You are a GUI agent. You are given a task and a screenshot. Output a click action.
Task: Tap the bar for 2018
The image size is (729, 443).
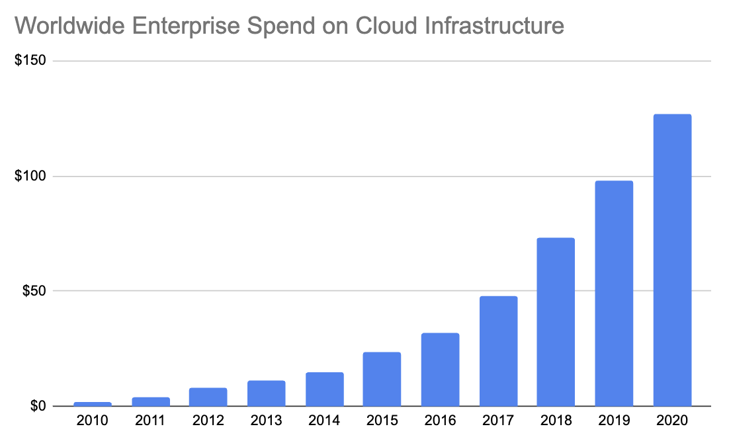coord(556,321)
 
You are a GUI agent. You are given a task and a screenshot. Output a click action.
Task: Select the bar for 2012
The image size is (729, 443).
coord(208,397)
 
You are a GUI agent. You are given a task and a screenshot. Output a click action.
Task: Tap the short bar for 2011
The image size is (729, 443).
coord(151,401)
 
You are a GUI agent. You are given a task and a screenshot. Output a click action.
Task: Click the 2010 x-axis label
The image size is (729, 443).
coord(93,421)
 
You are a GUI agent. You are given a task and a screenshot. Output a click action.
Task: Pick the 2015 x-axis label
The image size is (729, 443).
coord(382,421)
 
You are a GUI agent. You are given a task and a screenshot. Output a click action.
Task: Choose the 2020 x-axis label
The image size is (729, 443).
coord(671,421)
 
